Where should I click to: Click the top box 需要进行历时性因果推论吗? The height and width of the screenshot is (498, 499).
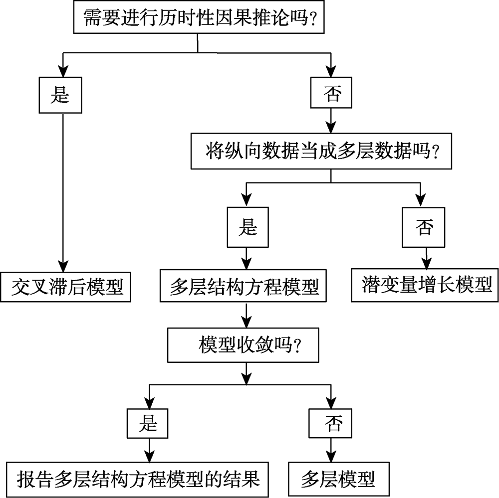click(198, 19)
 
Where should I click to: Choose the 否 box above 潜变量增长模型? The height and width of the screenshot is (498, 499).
click(425, 228)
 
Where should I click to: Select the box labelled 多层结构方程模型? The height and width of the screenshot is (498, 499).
click(244, 287)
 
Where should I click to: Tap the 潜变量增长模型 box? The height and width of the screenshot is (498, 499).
click(425, 286)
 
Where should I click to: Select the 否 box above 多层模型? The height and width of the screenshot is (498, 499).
click(329, 424)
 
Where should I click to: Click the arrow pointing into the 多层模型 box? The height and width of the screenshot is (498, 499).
click(329, 450)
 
